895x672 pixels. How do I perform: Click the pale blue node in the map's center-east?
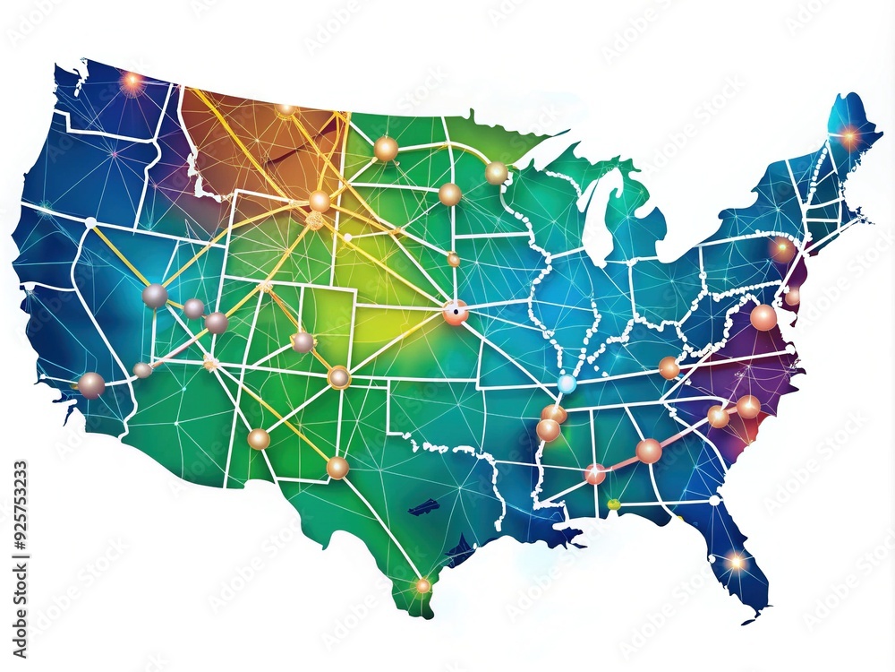coord(566,383)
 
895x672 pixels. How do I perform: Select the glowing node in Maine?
coord(848,138)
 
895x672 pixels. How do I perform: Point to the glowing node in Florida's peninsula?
coord(736,562)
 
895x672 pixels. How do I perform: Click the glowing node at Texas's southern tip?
coord(422,585)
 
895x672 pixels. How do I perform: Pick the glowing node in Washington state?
coord(132,82)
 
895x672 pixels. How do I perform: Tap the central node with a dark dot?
coord(456,312)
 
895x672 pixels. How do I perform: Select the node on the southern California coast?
coord(90,384)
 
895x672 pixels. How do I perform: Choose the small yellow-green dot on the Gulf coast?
coord(613,504)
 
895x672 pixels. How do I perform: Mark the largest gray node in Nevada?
coord(155,296)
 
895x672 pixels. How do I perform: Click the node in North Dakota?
coord(386,149)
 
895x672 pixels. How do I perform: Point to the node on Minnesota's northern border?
coord(497,173)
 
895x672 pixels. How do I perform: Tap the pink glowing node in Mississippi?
coord(595,473)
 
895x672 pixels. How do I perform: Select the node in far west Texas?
coord(259,439)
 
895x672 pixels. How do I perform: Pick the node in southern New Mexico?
coord(337,467)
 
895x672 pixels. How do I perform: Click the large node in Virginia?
coord(763,317)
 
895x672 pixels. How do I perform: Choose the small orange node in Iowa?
coord(454,260)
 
